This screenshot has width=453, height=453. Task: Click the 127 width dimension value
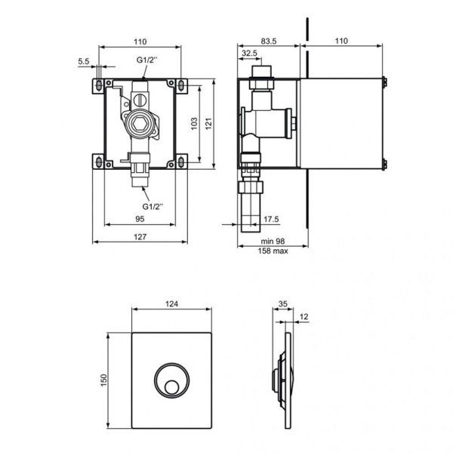point(141,236)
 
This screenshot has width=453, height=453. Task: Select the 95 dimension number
point(141,219)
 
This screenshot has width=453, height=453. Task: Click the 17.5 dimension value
point(272,220)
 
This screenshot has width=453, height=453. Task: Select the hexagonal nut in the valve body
point(141,125)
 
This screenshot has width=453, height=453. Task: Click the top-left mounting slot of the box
point(99,83)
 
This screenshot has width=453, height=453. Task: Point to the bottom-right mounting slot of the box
point(183,161)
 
